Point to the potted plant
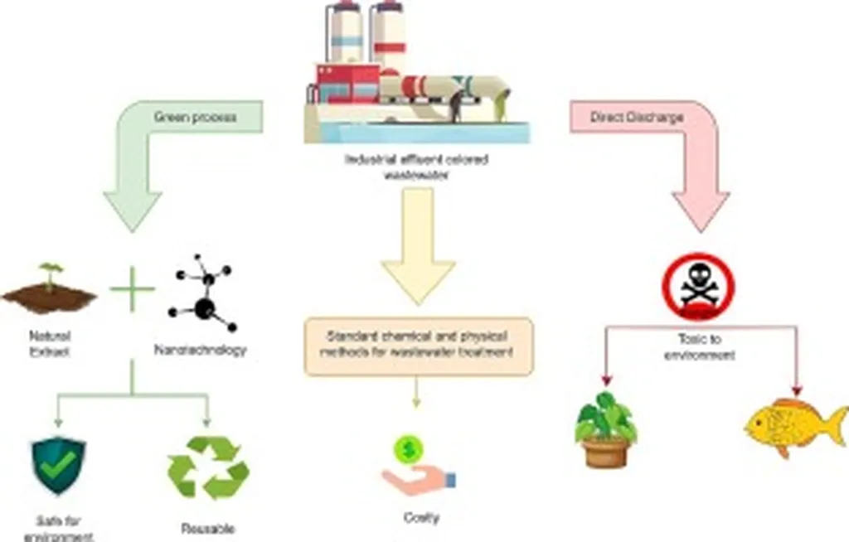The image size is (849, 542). (606, 429)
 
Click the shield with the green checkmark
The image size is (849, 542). (58, 465)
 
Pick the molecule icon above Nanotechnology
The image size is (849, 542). (202, 298)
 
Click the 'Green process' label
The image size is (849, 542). (195, 117)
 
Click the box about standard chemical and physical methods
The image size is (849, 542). (418, 346)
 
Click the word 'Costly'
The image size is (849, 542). (420, 519)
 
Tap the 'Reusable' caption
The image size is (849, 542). (208, 528)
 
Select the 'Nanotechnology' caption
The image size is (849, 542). (201, 350)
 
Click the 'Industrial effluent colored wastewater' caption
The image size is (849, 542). (416, 166)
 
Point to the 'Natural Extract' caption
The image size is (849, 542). (50, 343)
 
